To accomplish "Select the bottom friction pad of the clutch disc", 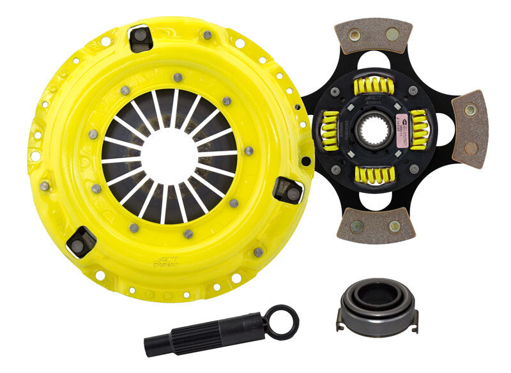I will pos(376,224).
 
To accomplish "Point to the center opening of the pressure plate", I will pos(169,156).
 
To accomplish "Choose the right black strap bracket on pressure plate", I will pos(288,190).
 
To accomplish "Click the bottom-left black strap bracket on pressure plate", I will pos(81,242).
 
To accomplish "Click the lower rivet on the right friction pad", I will pos(470,148).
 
